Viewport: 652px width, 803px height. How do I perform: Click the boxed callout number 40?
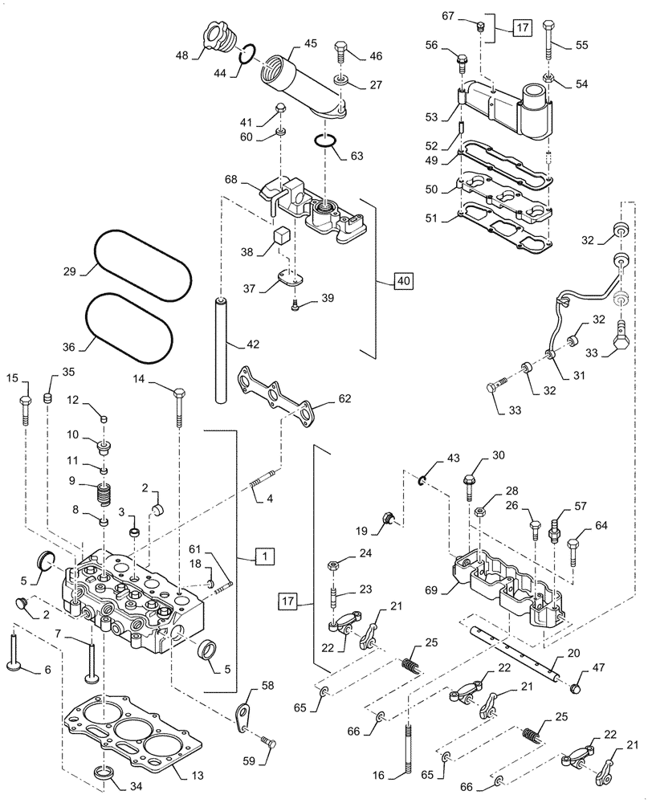coord(403,281)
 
